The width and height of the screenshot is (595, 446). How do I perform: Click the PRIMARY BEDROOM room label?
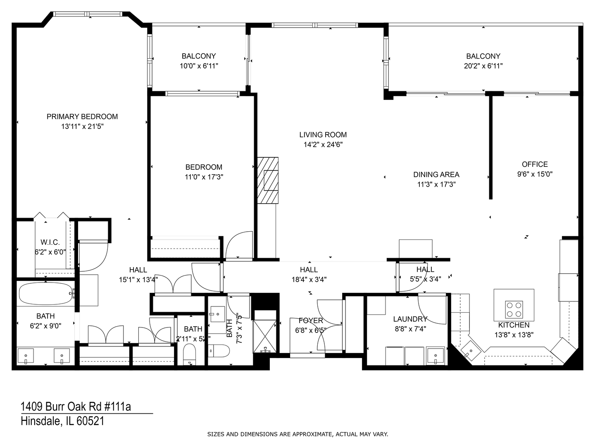82,117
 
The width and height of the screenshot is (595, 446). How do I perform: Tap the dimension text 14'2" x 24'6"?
323,145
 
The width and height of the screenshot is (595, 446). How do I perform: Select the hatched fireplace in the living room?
268,180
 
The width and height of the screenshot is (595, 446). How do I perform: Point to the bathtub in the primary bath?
46,293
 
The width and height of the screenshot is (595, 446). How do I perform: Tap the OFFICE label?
535,164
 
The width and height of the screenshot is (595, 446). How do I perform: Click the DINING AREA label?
436,175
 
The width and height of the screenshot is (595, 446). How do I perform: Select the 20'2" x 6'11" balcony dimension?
483,66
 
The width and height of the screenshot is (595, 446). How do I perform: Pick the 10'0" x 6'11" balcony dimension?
199,66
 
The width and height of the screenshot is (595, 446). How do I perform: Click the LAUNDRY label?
410,319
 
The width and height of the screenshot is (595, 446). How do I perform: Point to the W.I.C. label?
50,242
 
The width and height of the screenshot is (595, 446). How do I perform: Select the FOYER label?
311,321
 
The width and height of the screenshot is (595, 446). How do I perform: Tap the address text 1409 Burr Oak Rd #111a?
76,407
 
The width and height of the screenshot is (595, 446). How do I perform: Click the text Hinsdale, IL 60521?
62,421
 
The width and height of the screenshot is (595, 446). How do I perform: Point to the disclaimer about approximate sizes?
297,434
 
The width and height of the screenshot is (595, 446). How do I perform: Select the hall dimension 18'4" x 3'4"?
309,280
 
